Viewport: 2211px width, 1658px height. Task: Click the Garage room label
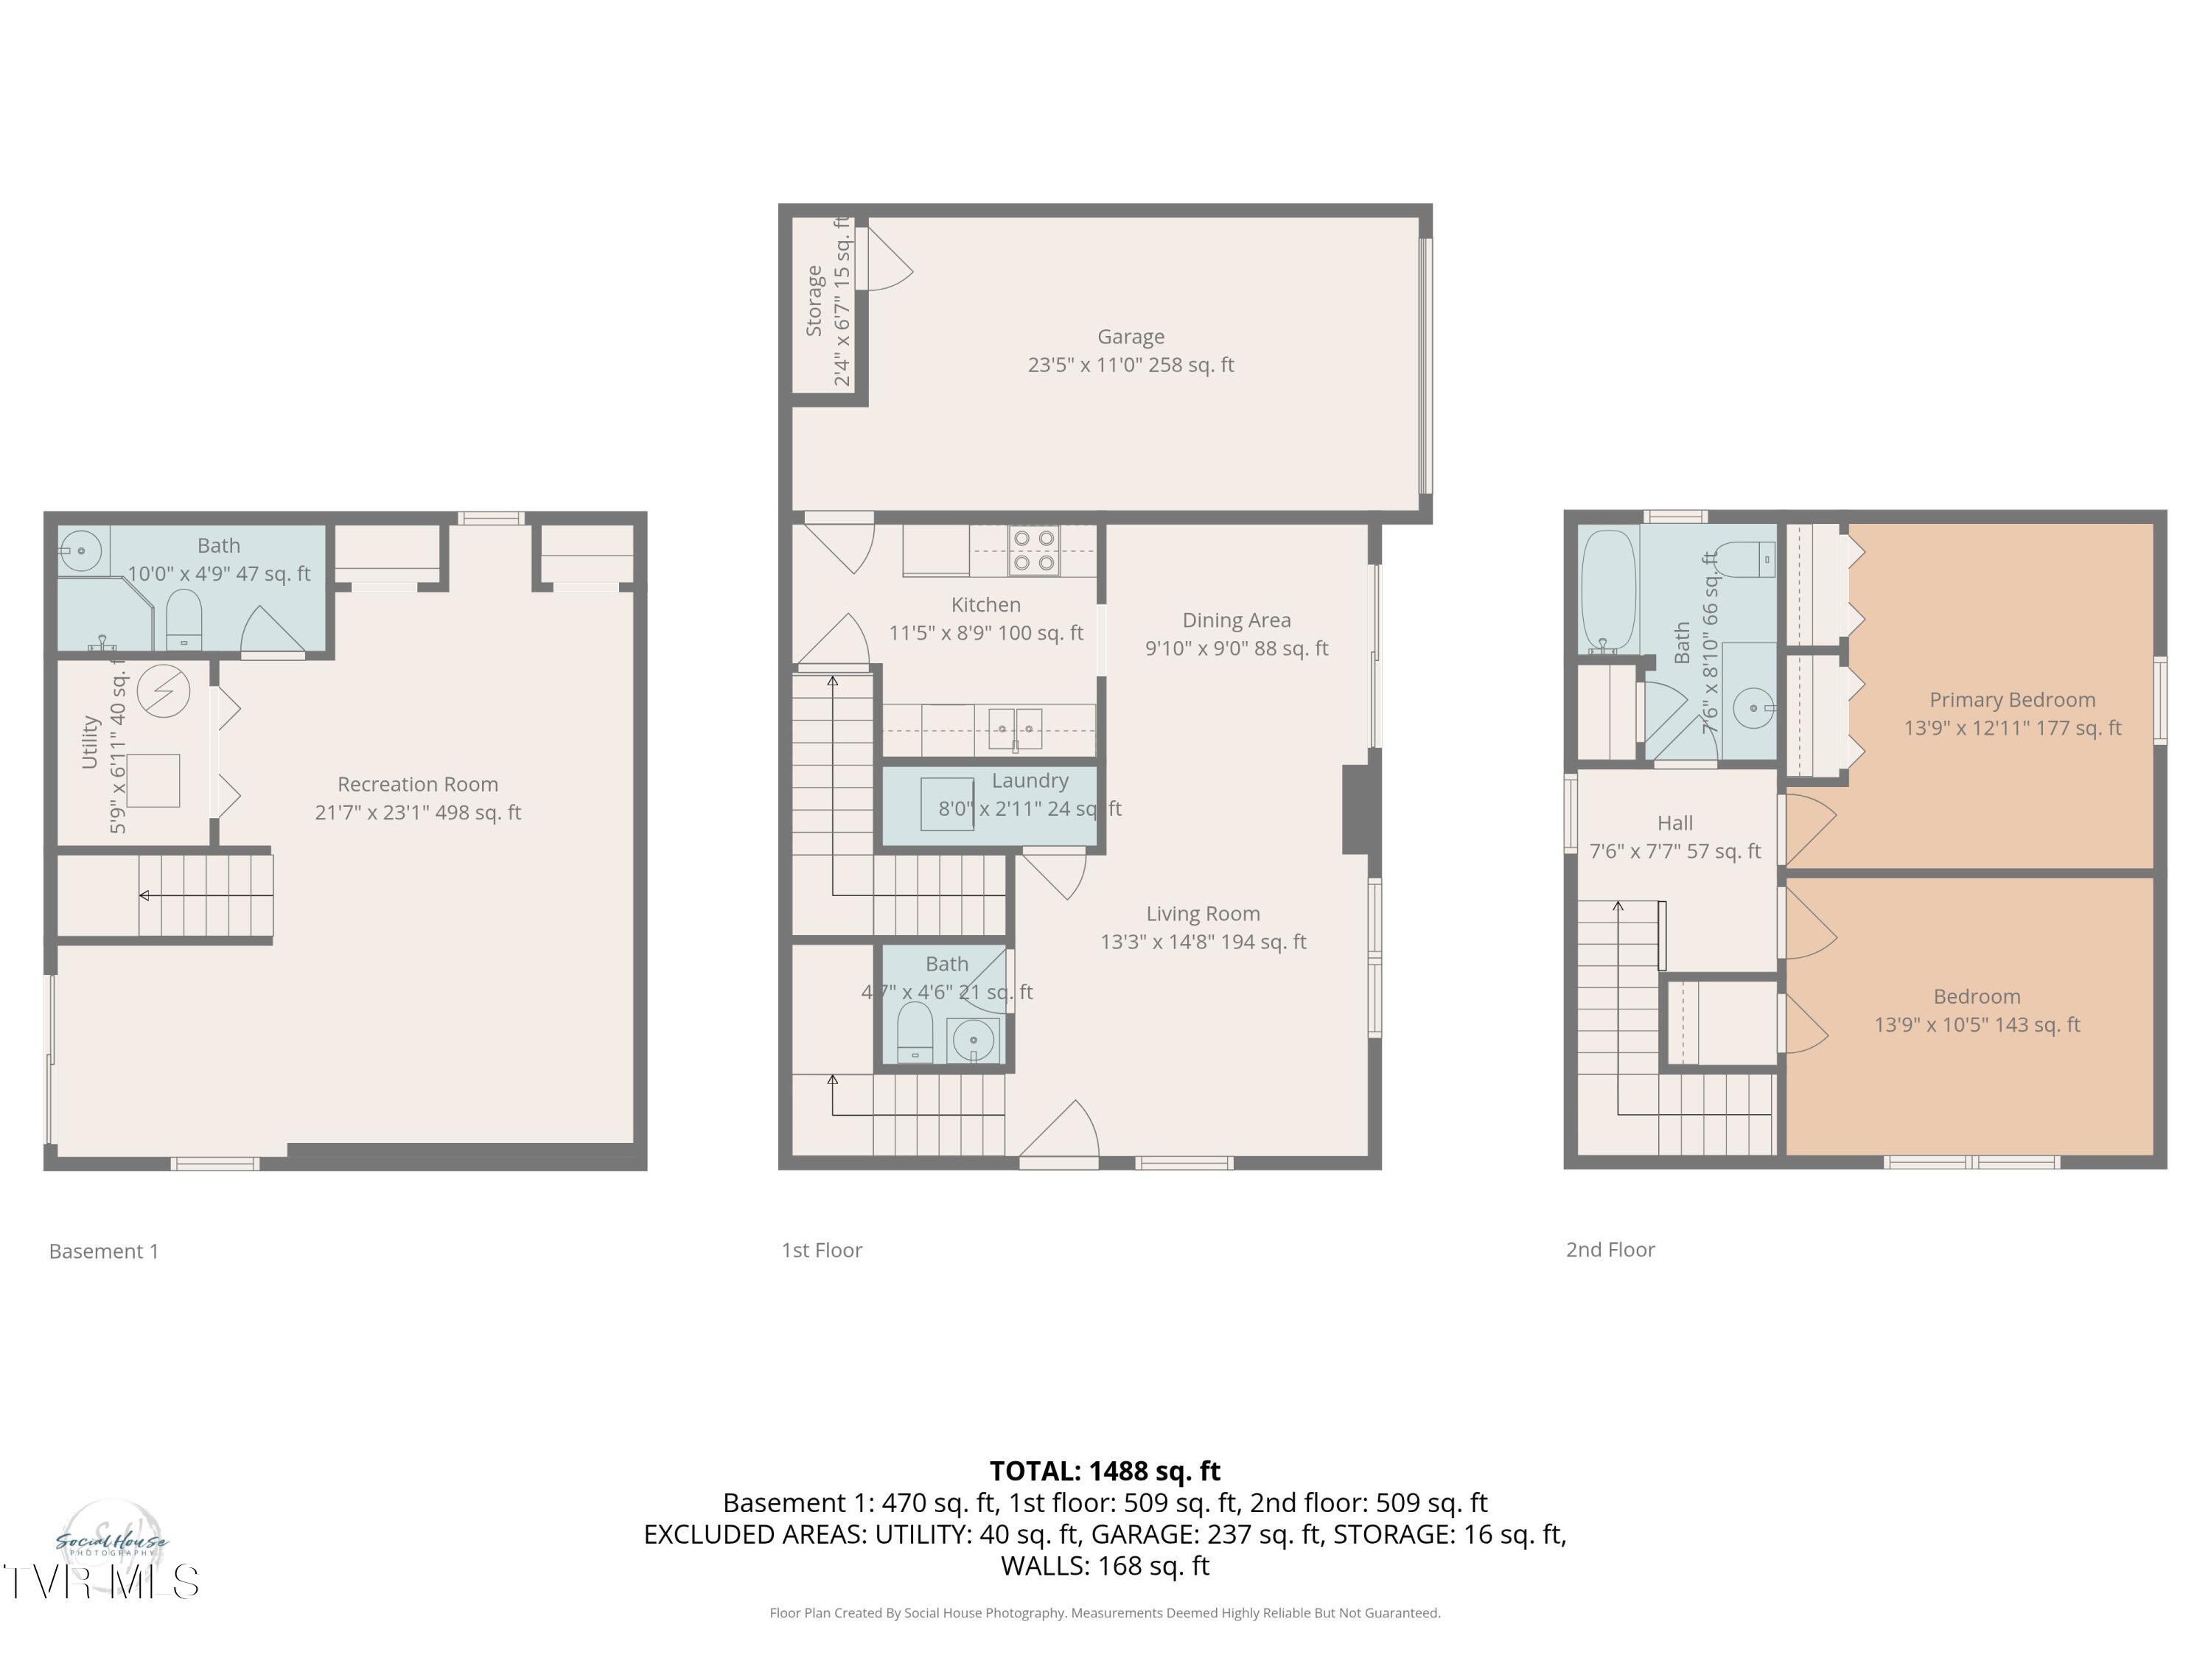click(1131, 337)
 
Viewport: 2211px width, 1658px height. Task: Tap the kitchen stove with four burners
click(1033, 550)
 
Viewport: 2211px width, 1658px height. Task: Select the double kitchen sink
click(1015, 729)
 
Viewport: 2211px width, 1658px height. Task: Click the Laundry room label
click(1030, 780)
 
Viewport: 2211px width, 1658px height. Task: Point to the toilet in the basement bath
click(184, 620)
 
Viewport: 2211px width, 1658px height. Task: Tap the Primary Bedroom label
click(2011, 699)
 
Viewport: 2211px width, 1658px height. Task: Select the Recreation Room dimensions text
click(418, 813)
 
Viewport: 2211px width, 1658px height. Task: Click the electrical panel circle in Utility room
click(164, 690)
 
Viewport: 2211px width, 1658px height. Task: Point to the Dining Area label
click(1237, 620)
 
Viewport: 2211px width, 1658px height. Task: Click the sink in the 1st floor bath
click(973, 1040)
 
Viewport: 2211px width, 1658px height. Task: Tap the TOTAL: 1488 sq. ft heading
click(1105, 1471)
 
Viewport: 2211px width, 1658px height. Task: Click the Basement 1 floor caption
click(104, 1251)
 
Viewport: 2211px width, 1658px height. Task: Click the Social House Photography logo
click(111, 1544)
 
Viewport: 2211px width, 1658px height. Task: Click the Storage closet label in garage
click(814, 300)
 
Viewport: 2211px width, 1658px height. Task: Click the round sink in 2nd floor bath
click(1753, 709)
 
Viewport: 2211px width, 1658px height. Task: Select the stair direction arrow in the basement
click(146, 895)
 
